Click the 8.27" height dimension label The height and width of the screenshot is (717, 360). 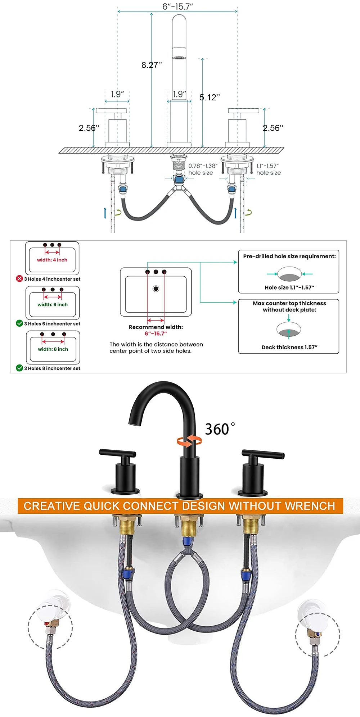point(152,65)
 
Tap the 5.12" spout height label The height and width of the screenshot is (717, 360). point(210,97)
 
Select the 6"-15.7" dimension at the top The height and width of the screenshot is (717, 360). point(177,6)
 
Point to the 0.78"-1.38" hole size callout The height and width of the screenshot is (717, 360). point(203,169)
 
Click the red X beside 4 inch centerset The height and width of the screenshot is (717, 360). point(19,278)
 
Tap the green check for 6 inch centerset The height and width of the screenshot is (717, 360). point(19,323)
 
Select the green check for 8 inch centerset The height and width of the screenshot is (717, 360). point(19,368)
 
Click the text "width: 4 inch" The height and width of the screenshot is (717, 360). point(52,260)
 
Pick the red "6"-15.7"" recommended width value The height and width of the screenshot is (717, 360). point(156,333)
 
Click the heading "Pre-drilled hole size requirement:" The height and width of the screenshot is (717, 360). point(289,256)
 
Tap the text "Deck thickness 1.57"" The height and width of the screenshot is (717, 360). point(289,347)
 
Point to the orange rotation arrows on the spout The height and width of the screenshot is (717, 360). point(189,440)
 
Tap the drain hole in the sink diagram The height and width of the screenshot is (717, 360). point(156,289)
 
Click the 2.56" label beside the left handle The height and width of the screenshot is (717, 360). point(89,128)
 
